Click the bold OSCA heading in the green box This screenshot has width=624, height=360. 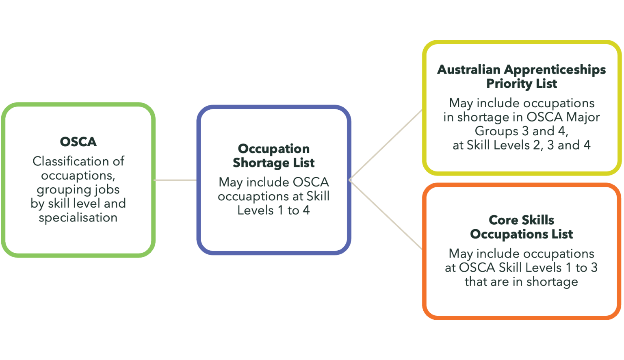point(78,141)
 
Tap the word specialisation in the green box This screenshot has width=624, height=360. point(78,217)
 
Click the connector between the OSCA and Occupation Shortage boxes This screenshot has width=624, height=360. point(176,180)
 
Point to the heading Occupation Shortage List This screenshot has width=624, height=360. point(273,156)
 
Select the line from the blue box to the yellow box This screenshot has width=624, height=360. point(386,144)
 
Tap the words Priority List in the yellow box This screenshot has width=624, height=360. point(522,84)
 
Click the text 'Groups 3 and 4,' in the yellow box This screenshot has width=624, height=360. point(521,131)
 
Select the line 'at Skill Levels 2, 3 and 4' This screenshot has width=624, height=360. point(521,145)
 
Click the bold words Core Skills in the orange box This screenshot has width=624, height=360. point(521,220)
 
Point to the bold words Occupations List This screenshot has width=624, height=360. point(521,234)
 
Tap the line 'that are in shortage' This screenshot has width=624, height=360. point(521,282)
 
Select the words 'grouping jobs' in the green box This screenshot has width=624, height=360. point(78,189)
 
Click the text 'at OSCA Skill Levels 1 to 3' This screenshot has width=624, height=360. point(521,267)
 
